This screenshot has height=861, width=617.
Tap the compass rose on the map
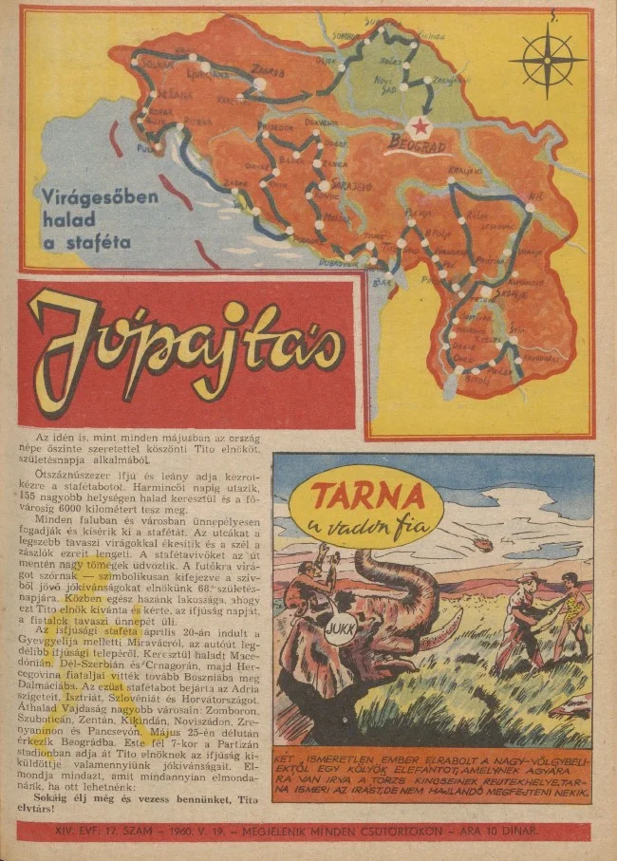548,60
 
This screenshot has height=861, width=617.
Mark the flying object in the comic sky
482,543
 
